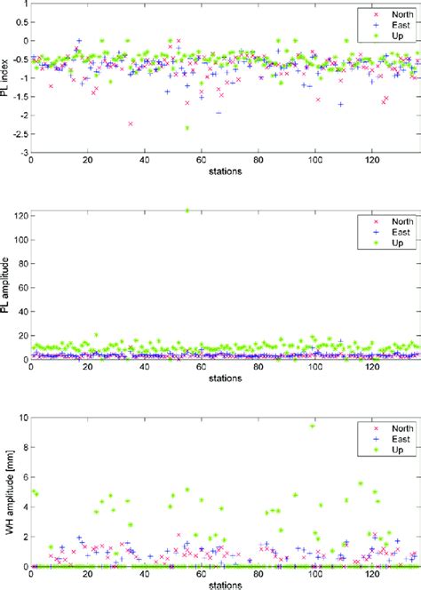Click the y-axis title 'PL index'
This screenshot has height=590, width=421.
tap(7, 78)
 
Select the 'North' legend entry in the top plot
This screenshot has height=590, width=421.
tap(385, 13)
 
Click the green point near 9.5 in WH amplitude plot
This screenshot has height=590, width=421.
tap(312, 426)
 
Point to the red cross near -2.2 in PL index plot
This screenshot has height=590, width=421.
tap(131, 124)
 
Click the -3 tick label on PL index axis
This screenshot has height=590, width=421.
tap(20, 153)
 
